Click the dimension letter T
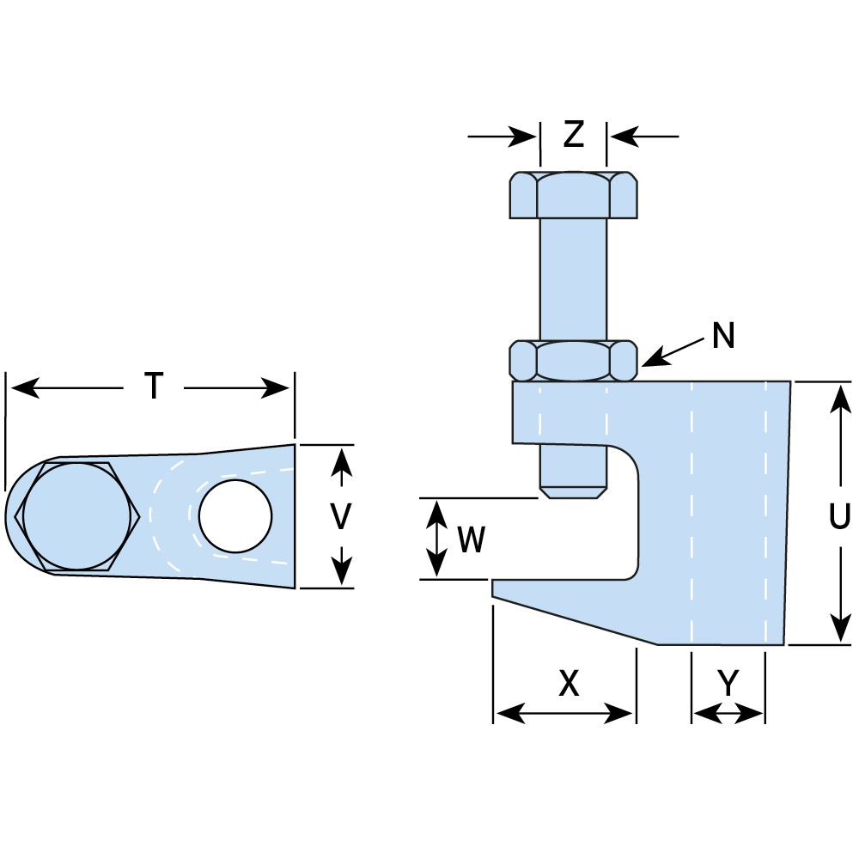153,387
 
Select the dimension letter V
342,516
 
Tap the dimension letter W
472,540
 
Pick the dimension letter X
569,684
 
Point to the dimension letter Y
728,684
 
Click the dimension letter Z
573,135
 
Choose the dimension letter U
839,517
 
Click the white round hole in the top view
235,516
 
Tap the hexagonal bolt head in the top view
77,516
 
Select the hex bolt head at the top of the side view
573,195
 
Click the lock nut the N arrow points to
573,360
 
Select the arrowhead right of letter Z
621,136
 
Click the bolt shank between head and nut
573,279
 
